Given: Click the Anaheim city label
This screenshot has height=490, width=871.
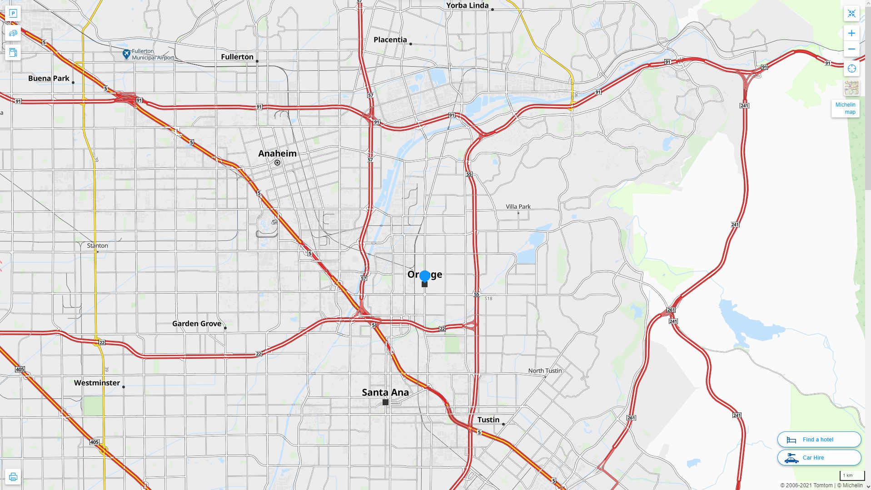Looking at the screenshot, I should (x=277, y=153).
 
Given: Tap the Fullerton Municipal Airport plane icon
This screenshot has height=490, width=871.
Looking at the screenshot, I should (x=126, y=54).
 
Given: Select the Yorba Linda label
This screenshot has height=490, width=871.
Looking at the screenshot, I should (x=467, y=5).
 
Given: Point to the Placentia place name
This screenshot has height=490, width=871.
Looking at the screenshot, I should (x=390, y=39).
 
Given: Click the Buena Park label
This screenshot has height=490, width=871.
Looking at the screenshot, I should (x=49, y=78).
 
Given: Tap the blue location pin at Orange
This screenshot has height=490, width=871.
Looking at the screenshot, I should (x=425, y=276).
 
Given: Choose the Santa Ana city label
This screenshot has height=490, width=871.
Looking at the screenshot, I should (x=385, y=392).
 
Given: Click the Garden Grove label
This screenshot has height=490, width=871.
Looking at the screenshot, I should (x=196, y=323).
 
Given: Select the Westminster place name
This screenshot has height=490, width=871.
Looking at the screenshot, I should (x=97, y=382).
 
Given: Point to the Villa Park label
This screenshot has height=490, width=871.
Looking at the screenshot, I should (x=518, y=206).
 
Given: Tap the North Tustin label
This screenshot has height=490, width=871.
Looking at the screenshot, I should (x=545, y=371).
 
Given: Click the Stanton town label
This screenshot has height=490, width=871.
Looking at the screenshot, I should (x=97, y=245).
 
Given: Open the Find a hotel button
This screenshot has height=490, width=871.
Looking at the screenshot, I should (x=819, y=439).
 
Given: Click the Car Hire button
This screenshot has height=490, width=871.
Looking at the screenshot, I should (x=819, y=457).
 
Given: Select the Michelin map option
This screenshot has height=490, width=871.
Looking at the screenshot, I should (x=845, y=108).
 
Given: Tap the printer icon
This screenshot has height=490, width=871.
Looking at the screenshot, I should (x=13, y=476).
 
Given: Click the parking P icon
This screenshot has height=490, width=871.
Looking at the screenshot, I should (x=13, y=14).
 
